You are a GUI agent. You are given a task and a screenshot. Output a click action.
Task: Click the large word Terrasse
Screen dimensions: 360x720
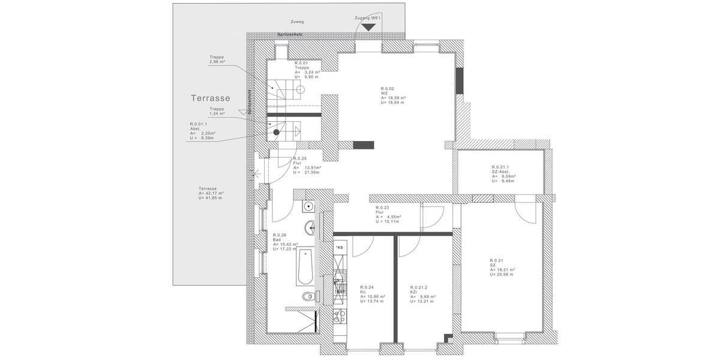(211, 98)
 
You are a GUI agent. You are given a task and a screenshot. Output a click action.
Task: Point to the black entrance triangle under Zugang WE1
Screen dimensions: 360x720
(368, 27)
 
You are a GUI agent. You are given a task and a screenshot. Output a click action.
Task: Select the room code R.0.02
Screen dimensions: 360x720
(387, 88)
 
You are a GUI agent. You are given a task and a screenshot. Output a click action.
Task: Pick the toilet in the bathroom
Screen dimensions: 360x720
(308, 296)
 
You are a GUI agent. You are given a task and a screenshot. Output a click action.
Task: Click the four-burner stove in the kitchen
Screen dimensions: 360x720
(339, 316)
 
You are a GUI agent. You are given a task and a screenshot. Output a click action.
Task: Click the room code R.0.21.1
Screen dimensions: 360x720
(500, 167)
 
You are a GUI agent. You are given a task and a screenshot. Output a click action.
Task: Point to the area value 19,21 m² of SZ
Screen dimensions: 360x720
(505, 269)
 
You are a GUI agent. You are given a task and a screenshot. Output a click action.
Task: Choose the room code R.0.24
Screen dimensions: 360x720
(367, 287)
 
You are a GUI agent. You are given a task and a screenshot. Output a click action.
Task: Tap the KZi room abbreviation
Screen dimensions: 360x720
(414, 292)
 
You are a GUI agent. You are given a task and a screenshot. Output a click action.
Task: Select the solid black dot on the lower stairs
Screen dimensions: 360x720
(277, 131)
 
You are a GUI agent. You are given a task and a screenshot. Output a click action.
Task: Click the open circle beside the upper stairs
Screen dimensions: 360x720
(301, 88)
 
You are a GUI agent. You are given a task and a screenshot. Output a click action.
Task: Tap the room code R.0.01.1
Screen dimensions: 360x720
(197, 124)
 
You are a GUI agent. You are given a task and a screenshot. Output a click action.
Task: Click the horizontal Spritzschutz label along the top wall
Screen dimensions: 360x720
(291, 35)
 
